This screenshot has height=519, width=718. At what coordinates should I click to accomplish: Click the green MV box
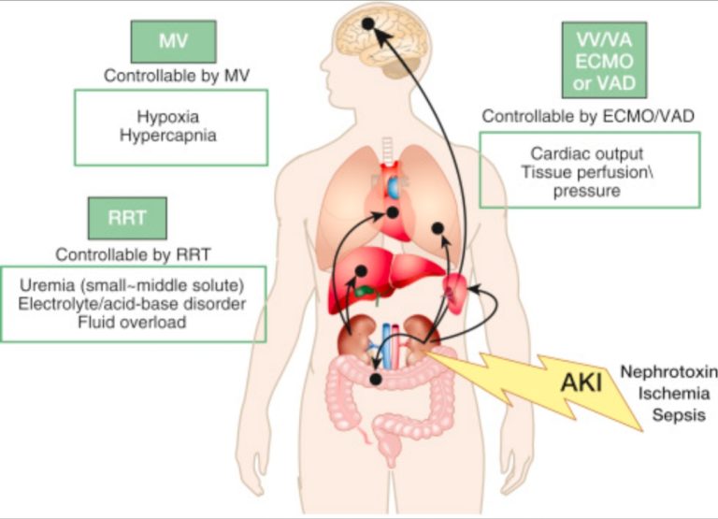[x=173, y=42]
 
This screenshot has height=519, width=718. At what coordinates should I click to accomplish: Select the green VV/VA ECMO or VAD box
[x=603, y=60]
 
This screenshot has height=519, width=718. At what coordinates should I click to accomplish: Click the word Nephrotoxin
[x=668, y=372]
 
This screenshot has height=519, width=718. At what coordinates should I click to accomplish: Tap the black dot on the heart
[x=394, y=213]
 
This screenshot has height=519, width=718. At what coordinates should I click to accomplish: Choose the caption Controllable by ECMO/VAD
[x=589, y=115]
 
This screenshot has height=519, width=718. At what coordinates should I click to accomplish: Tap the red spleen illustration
[x=456, y=292]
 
